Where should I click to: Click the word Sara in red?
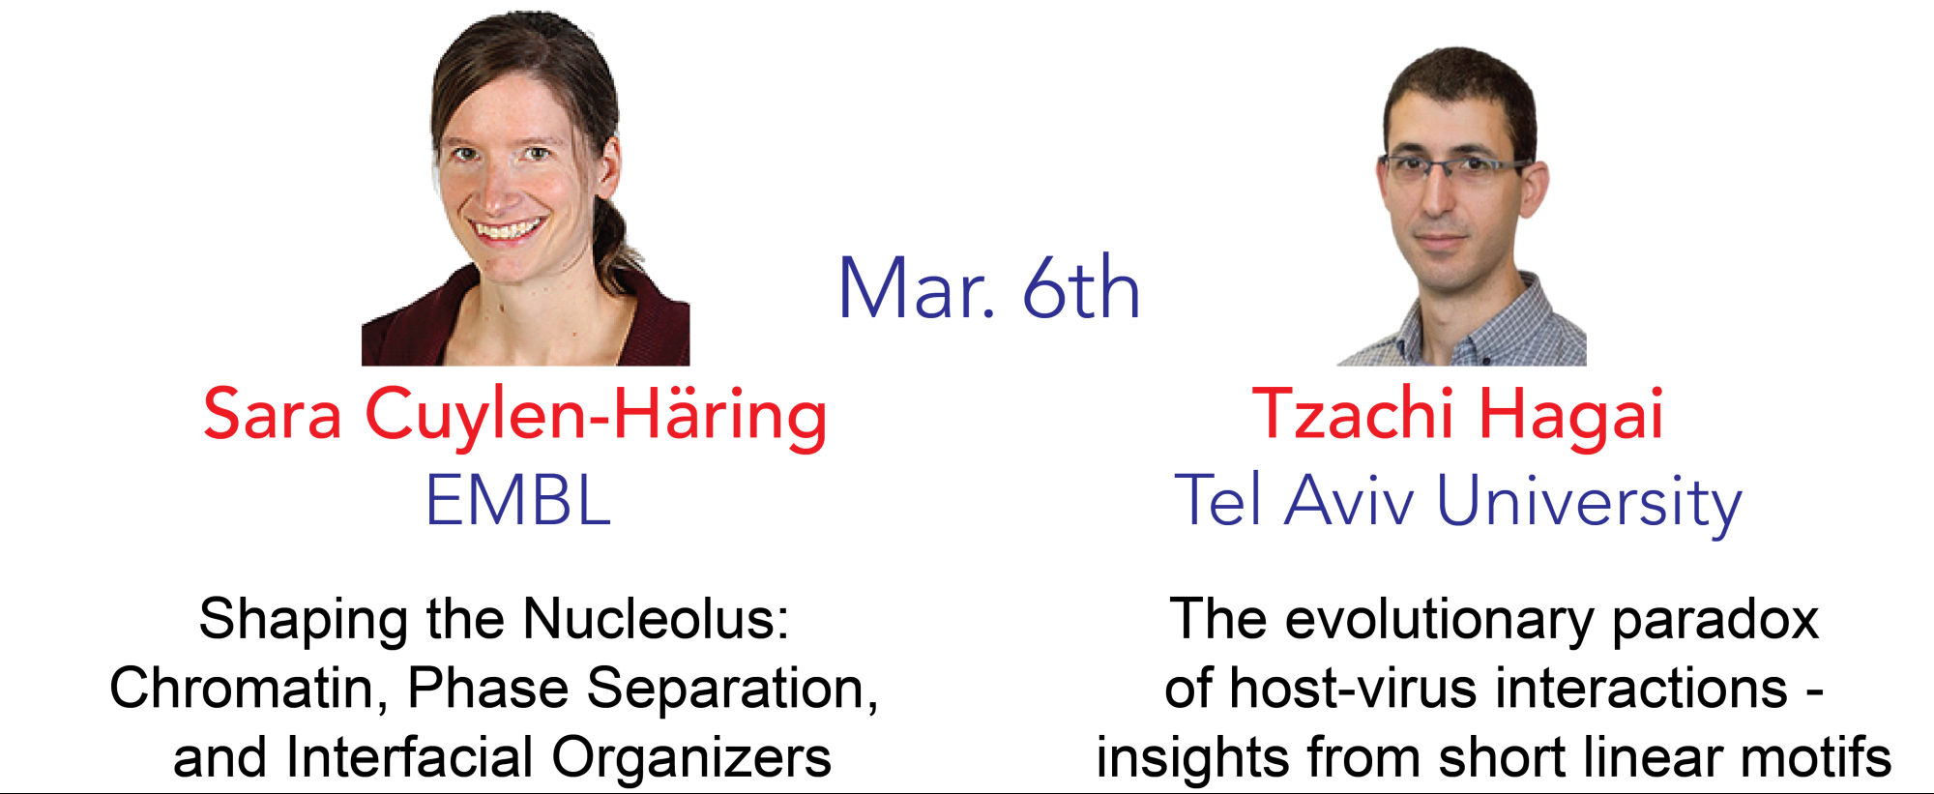[273, 414]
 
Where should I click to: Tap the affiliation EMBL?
[518, 499]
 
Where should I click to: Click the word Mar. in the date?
[916, 287]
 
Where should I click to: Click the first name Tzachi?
[1353, 413]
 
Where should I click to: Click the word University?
[1589, 503]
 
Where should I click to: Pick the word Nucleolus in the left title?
[655, 619]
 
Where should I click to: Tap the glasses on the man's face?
[1456, 167]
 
